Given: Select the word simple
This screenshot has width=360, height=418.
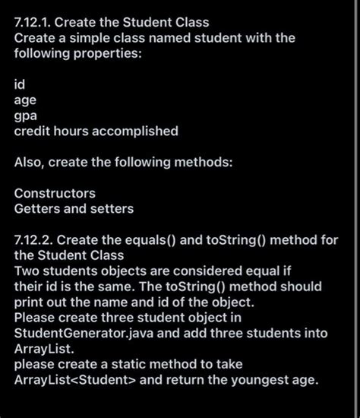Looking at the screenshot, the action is [x=84, y=38].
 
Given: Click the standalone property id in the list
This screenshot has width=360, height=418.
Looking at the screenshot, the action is [x=20, y=84].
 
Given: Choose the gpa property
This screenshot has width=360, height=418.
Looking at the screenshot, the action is [x=26, y=116].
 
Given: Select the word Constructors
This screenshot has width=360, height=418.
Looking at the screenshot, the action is [x=55, y=194].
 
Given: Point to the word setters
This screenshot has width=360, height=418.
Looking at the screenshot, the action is [x=111, y=209].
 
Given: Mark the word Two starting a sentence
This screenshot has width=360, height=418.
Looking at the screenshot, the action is [x=27, y=271].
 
